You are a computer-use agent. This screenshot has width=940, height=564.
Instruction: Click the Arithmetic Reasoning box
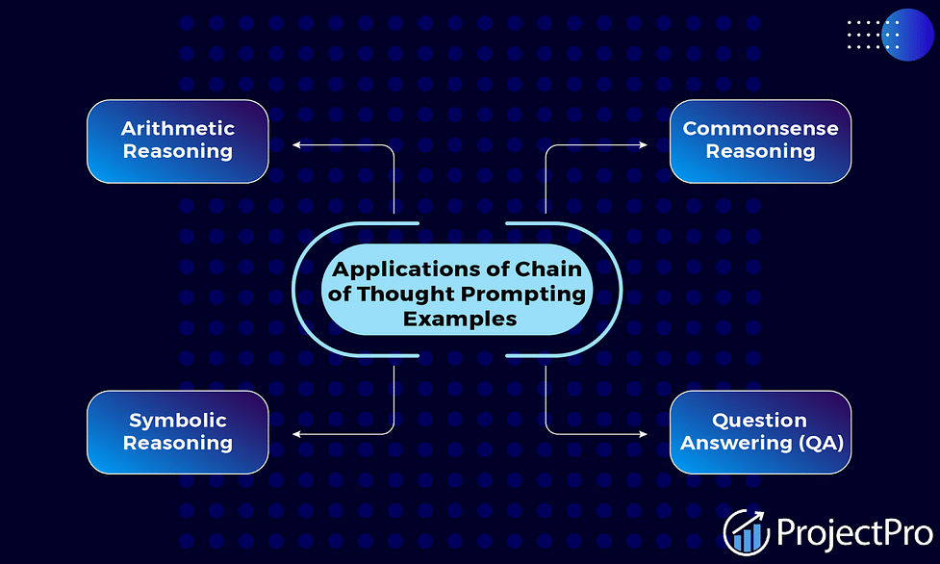click(177, 141)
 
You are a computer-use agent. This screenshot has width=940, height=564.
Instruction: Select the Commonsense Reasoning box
click(760, 141)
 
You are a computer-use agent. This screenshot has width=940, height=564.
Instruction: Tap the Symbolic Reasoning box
click(177, 432)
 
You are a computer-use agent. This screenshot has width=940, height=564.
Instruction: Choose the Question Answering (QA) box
click(760, 432)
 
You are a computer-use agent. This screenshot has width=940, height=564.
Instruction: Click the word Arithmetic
click(177, 128)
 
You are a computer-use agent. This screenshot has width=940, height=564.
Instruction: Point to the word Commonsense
click(760, 128)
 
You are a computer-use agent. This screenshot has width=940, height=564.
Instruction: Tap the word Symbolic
click(177, 421)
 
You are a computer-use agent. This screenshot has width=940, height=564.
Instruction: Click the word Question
click(759, 421)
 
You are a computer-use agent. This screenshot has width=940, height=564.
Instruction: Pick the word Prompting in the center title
click(524, 294)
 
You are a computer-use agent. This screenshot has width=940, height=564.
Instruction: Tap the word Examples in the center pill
click(460, 319)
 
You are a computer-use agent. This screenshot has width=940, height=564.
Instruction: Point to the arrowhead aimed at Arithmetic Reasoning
click(296, 144)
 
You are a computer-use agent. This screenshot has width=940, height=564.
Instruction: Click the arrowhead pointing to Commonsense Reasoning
click(644, 144)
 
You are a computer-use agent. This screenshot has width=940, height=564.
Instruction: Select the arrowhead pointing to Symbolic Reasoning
click(296, 434)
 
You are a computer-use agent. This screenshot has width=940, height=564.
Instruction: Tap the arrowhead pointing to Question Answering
click(644, 434)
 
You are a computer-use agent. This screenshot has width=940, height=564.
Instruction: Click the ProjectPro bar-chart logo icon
click(747, 532)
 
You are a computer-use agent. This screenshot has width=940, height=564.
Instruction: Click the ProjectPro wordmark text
click(855, 533)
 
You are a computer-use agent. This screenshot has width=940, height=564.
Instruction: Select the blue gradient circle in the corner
click(907, 35)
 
